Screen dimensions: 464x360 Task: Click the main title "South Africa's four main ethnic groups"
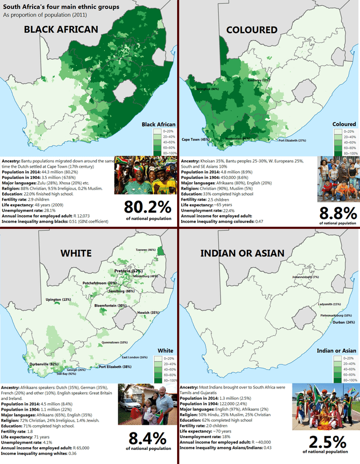61,7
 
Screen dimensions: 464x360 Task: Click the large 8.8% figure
337,213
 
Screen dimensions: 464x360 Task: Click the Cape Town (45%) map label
196,139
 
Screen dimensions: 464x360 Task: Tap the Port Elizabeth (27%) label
292,140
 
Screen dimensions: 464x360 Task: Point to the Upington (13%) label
58,300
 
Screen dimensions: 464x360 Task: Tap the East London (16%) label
134,357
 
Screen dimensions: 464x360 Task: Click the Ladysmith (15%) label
329,304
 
